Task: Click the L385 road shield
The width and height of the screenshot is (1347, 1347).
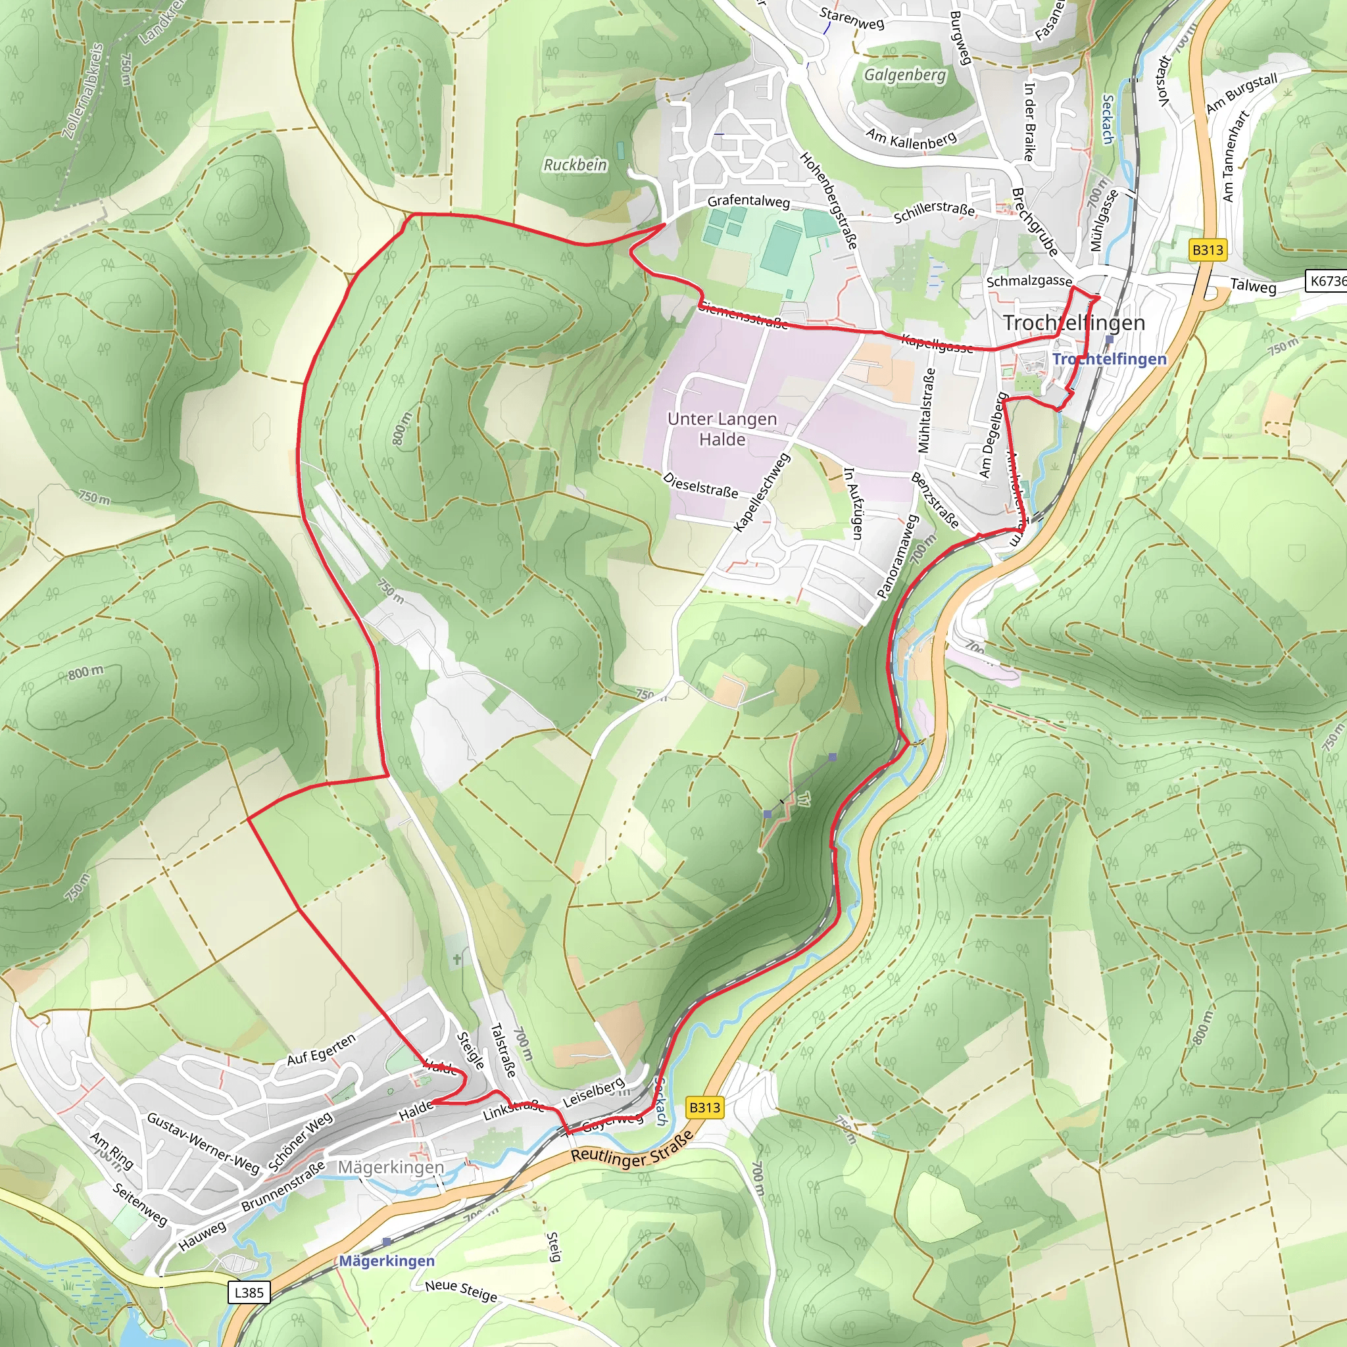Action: [249, 1292]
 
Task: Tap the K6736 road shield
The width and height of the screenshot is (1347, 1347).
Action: [1327, 281]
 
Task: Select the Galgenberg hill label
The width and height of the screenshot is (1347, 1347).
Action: [905, 74]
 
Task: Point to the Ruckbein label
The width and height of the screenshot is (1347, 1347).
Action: [576, 164]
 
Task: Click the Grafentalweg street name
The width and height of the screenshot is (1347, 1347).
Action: [748, 201]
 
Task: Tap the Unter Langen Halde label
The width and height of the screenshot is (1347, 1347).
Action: [722, 429]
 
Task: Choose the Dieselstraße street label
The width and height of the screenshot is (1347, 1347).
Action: [700, 485]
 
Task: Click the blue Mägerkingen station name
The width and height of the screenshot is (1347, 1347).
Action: [387, 1261]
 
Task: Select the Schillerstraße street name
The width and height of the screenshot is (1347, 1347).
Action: [933, 212]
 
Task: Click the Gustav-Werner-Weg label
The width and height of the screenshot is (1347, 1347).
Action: [203, 1142]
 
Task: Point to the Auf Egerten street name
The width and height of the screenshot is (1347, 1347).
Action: [322, 1049]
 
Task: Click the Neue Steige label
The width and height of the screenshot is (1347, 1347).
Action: [461, 1290]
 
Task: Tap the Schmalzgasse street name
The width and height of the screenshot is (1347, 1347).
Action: [1029, 280]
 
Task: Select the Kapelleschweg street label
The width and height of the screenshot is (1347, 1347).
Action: [762, 492]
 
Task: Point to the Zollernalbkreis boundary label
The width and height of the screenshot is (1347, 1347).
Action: [83, 91]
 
